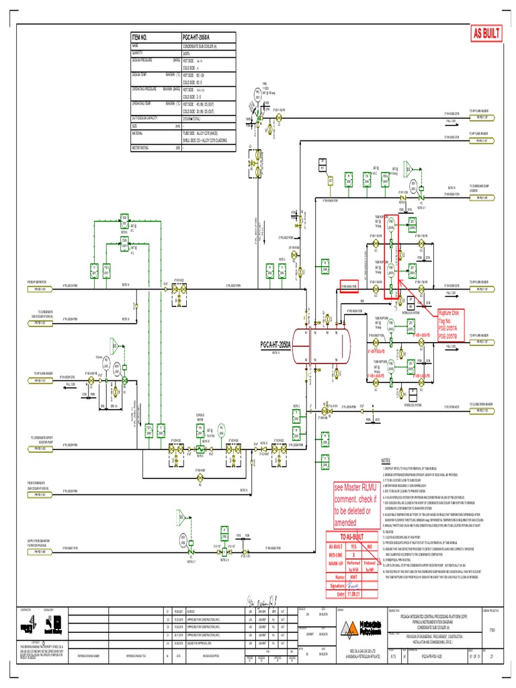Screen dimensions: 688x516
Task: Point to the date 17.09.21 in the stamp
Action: point(354,595)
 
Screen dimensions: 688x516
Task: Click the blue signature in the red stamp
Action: point(354,586)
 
